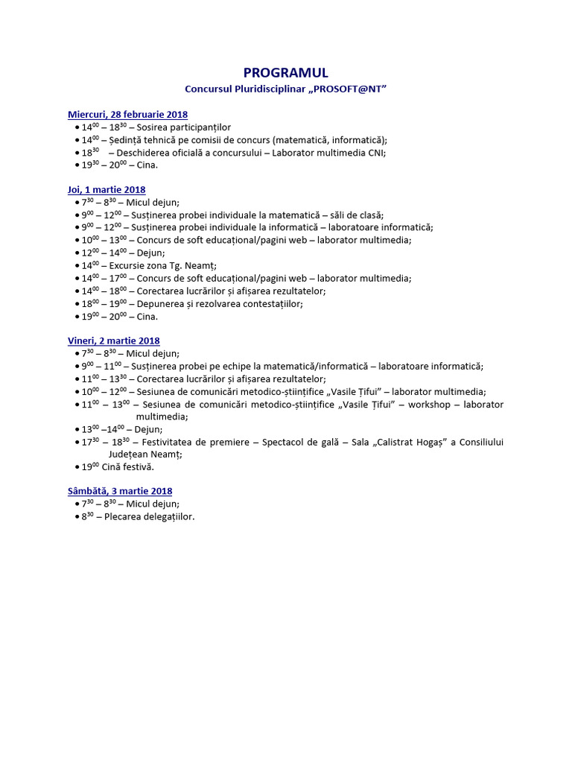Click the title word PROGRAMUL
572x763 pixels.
pyautogui.click(x=286, y=72)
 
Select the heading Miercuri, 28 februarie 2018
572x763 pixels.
pyautogui.click(x=127, y=115)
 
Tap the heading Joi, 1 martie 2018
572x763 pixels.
pyautogui.click(x=107, y=190)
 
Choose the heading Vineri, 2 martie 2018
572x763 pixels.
pyautogui.click(x=114, y=341)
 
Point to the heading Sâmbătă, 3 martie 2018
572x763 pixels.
pyautogui.click(x=120, y=491)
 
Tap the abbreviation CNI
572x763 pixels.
pyautogui.click(x=377, y=153)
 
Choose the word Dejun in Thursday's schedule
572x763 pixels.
pyautogui.click(x=151, y=253)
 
